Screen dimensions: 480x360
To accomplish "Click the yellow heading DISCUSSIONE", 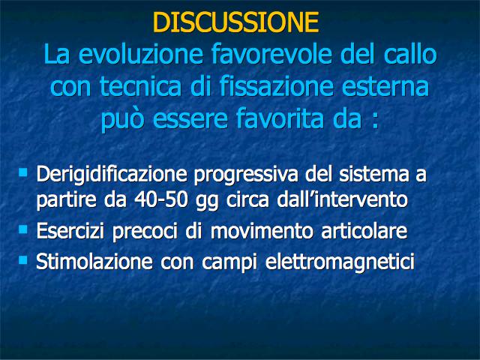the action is [x=235, y=22].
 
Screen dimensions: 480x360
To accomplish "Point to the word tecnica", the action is [x=140, y=86].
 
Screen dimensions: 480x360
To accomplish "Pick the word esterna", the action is [x=385, y=86].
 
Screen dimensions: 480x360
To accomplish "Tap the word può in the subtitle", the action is [x=122, y=119].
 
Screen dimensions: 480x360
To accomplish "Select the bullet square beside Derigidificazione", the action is [x=23, y=172].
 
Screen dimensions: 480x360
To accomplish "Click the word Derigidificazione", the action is [x=112, y=175].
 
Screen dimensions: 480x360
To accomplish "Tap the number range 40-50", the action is [x=160, y=200].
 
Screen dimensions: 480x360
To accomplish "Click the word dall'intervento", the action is [x=342, y=200].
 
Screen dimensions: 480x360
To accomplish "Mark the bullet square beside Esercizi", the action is [x=23, y=229].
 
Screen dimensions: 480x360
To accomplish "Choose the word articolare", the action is [x=364, y=231].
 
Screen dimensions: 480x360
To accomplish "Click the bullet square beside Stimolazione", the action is [x=23, y=260].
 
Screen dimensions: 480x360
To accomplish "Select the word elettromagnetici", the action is [x=340, y=262].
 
